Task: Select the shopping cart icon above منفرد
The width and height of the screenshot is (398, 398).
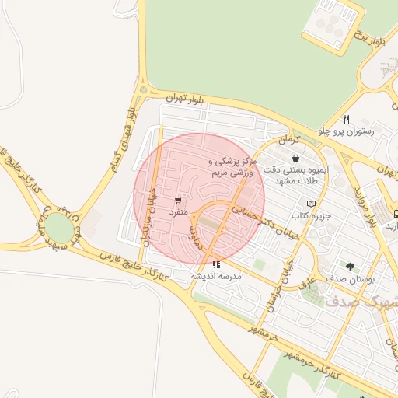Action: tap(180, 199)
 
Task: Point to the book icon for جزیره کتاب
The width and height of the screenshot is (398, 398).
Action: tap(311, 203)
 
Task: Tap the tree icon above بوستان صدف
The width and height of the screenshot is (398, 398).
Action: tap(350, 265)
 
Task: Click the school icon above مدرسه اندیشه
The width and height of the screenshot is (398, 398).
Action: tap(215, 264)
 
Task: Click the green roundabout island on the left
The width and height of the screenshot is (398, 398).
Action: tap(57, 227)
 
